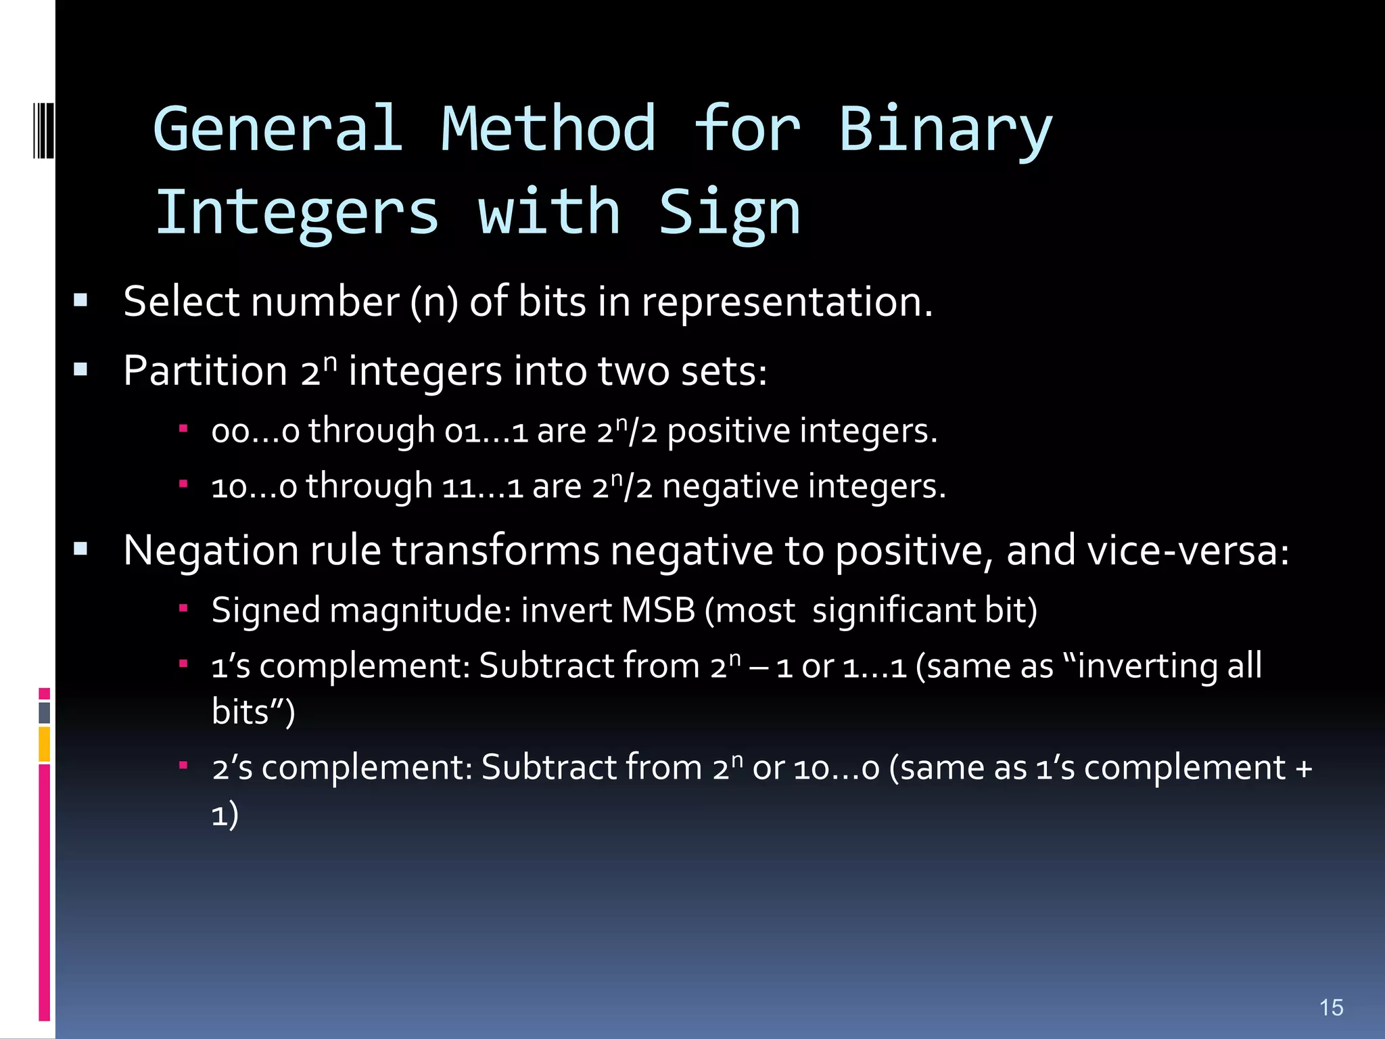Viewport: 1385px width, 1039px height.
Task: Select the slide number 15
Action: pos(1331,1007)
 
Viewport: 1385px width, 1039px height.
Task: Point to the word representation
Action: pos(787,302)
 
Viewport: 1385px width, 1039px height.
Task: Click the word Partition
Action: pos(206,371)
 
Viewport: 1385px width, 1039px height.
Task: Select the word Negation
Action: pos(211,550)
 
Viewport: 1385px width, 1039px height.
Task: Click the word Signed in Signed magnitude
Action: pos(266,611)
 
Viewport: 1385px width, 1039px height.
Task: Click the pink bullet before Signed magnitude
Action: pos(183,608)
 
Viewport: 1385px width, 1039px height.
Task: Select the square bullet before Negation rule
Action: pos(80,549)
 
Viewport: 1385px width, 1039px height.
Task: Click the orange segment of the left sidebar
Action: pos(45,744)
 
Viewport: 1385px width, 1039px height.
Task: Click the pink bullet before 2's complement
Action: pos(183,765)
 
